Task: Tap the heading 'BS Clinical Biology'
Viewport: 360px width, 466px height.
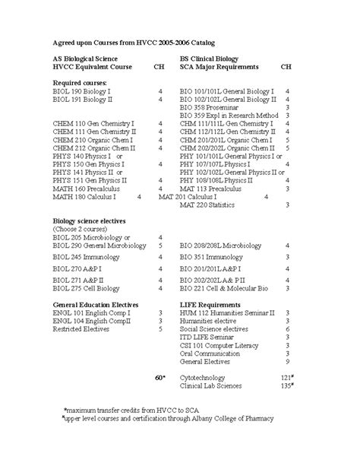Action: tap(209, 58)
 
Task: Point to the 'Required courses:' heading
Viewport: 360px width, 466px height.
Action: tap(79, 81)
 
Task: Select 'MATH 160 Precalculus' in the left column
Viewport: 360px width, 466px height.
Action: tap(84, 188)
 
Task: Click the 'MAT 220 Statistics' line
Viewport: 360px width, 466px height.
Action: tap(208, 204)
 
